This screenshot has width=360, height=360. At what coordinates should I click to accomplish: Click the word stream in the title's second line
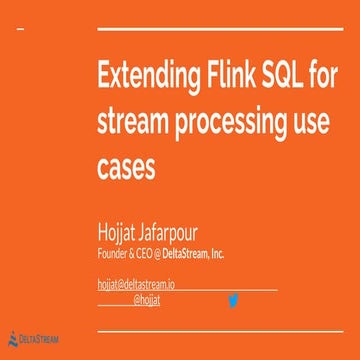133,121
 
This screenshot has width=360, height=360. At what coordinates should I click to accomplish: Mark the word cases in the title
125,166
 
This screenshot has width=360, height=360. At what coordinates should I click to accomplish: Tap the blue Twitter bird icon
233,299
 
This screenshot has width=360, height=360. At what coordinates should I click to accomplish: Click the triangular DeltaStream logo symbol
12,339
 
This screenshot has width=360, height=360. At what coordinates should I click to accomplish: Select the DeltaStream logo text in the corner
40,340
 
